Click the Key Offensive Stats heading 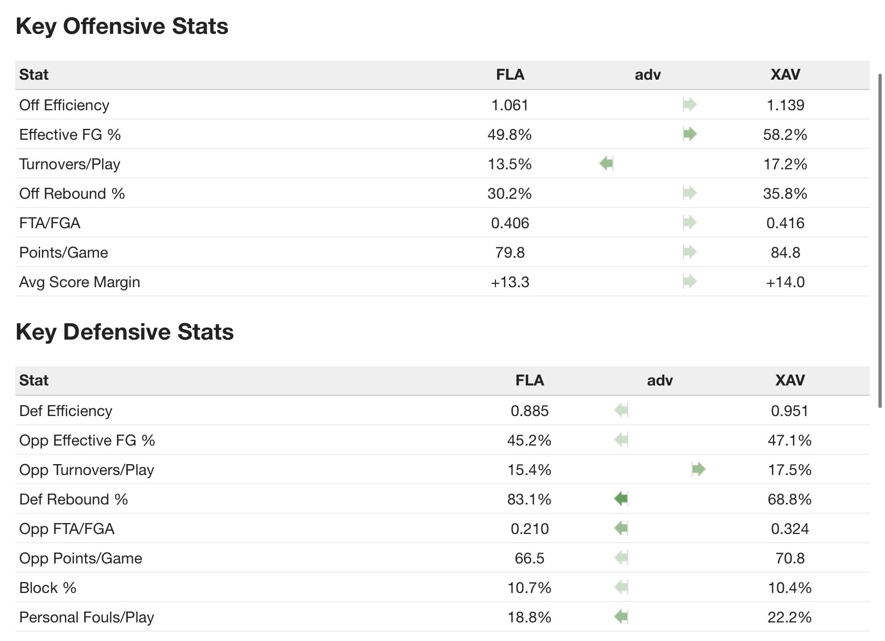[122, 26]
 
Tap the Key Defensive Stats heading [125, 332]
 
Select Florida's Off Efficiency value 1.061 [510, 105]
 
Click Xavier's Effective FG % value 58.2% [785, 134]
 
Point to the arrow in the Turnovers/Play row [606, 163]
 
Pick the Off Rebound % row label [72, 194]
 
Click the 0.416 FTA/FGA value [785, 223]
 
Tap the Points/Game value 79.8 [510, 252]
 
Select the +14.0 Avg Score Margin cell [785, 282]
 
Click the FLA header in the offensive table [510, 74]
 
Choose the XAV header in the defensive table [789, 380]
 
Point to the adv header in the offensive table [647, 74]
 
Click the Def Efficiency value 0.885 [529, 411]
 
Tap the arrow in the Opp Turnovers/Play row [699, 469]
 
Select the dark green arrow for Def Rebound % [621, 498]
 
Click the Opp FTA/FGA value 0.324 [789, 529]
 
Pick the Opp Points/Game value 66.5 [529, 558]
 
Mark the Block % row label [48, 588]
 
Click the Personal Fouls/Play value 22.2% [789, 617]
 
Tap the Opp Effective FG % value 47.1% [789, 440]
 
